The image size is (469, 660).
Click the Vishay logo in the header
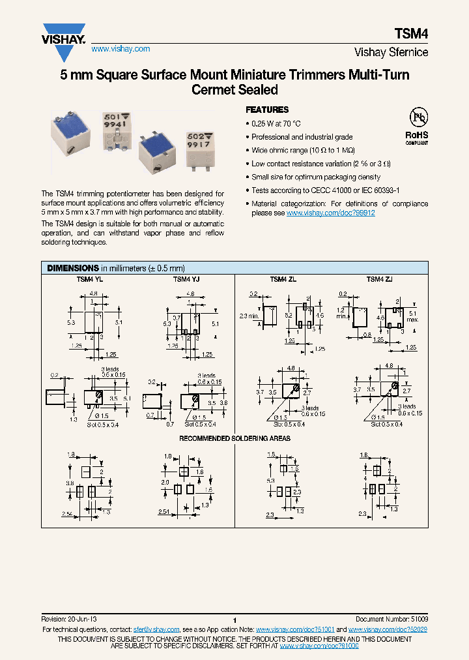pos(64,33)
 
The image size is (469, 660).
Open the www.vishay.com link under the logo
pos(121,49)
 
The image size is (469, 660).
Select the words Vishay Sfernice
pos(391,52)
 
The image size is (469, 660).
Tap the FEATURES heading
pos(266,110)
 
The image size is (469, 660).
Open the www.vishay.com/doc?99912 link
pos(330,213)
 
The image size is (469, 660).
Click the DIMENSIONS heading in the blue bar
pos(71,268)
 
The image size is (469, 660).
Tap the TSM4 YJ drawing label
pos(186,279)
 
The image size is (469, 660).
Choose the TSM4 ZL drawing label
pos(283,279)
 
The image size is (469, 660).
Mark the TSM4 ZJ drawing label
pos(379,279)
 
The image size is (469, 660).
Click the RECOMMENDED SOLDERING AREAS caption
pos(234,438)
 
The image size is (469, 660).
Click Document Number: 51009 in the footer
pos(391,618)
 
